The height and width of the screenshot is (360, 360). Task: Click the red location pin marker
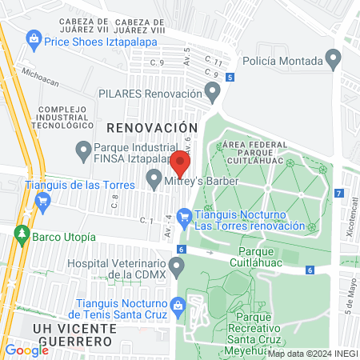pyautogui.click(x=181, y=163)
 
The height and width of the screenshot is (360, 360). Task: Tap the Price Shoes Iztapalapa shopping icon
pyautogui.click(x=34, y=38)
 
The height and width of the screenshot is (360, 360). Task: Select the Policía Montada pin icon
pyautogui.click(x=334, y=60)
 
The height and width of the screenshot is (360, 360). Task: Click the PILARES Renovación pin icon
pyautogui.click(x=212, y=94)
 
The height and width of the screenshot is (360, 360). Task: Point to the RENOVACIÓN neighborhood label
pyautogui.click(x=151, y=126)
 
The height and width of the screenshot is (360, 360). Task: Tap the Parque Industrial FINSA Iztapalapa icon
pyautogui.click(x=82, y=149)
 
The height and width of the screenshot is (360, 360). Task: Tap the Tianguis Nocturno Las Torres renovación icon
pyautogui.click(x=184, y=215)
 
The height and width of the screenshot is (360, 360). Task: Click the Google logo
pyautogui.click(x=26, y=350)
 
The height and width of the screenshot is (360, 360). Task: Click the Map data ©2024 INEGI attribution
pyautogui.click(x=311, y=354)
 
